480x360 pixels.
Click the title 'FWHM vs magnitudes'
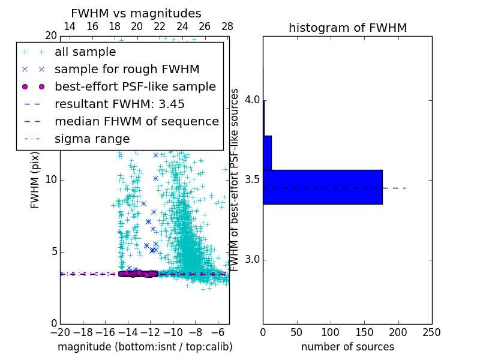click(136, 13)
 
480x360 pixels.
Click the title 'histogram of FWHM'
click(347, 28)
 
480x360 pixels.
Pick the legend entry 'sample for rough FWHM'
click(127, 70)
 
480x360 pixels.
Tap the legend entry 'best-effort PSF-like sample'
click(135, 87)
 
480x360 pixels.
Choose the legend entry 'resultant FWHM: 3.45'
click(119, 104)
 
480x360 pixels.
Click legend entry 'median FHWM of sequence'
click(136, 122)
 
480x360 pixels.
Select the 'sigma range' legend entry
click(92, 139)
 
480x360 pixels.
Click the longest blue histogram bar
click(322, 187)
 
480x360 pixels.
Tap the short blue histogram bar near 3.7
click(267, 152)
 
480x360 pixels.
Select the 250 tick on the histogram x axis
click(431, 332)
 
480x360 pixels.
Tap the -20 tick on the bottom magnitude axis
click(60, 332)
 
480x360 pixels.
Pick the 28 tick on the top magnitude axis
click(227, 26)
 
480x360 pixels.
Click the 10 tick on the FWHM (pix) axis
click(51, 180)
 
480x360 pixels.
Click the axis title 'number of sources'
click(347, 347)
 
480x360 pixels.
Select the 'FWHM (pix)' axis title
click(35, 180)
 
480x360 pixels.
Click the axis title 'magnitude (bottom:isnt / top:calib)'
click(145, 347)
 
